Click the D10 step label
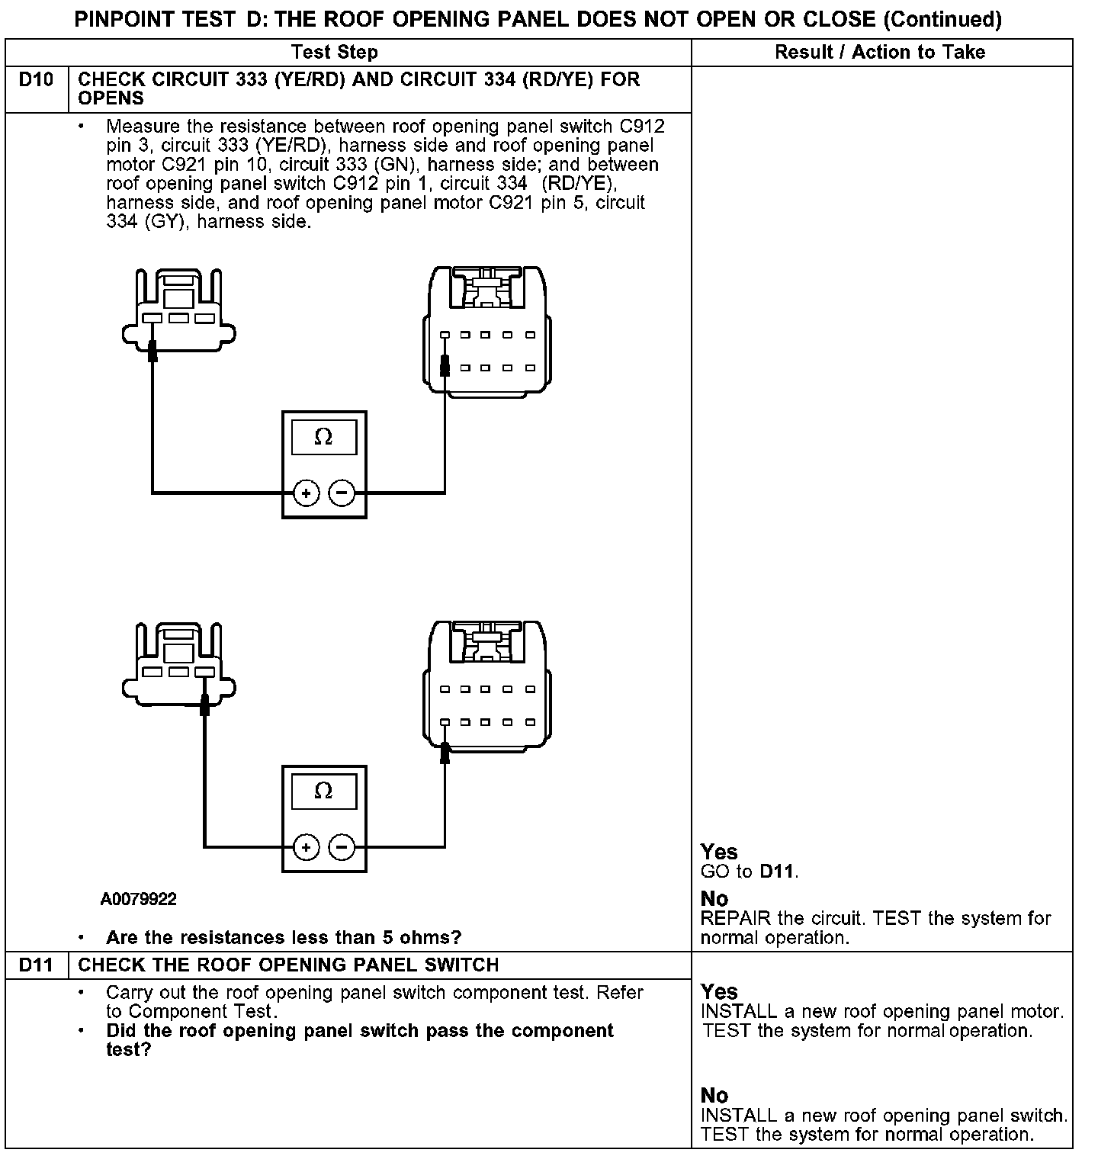click(36, 80)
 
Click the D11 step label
click(36, 965)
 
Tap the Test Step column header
click(334, 53)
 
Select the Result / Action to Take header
click(880, 53)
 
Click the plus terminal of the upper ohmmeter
click(306, 493)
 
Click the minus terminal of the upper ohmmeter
click(342, 493)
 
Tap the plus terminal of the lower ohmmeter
click(306, 846)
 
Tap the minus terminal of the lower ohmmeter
click(342, 846)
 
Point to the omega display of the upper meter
click(323, 438)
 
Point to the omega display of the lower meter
click(323, 792)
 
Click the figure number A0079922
click(138, 900)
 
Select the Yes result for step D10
click(719, 852)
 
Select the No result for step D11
click(714, 1096)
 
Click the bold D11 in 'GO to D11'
click(778, 872)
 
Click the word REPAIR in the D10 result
click(736, 918)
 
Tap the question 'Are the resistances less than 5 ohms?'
click(284, 938)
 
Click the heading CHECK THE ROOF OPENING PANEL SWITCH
click(288, 965)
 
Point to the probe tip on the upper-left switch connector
click(152, 352)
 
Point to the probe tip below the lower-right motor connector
click(445, 755)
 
